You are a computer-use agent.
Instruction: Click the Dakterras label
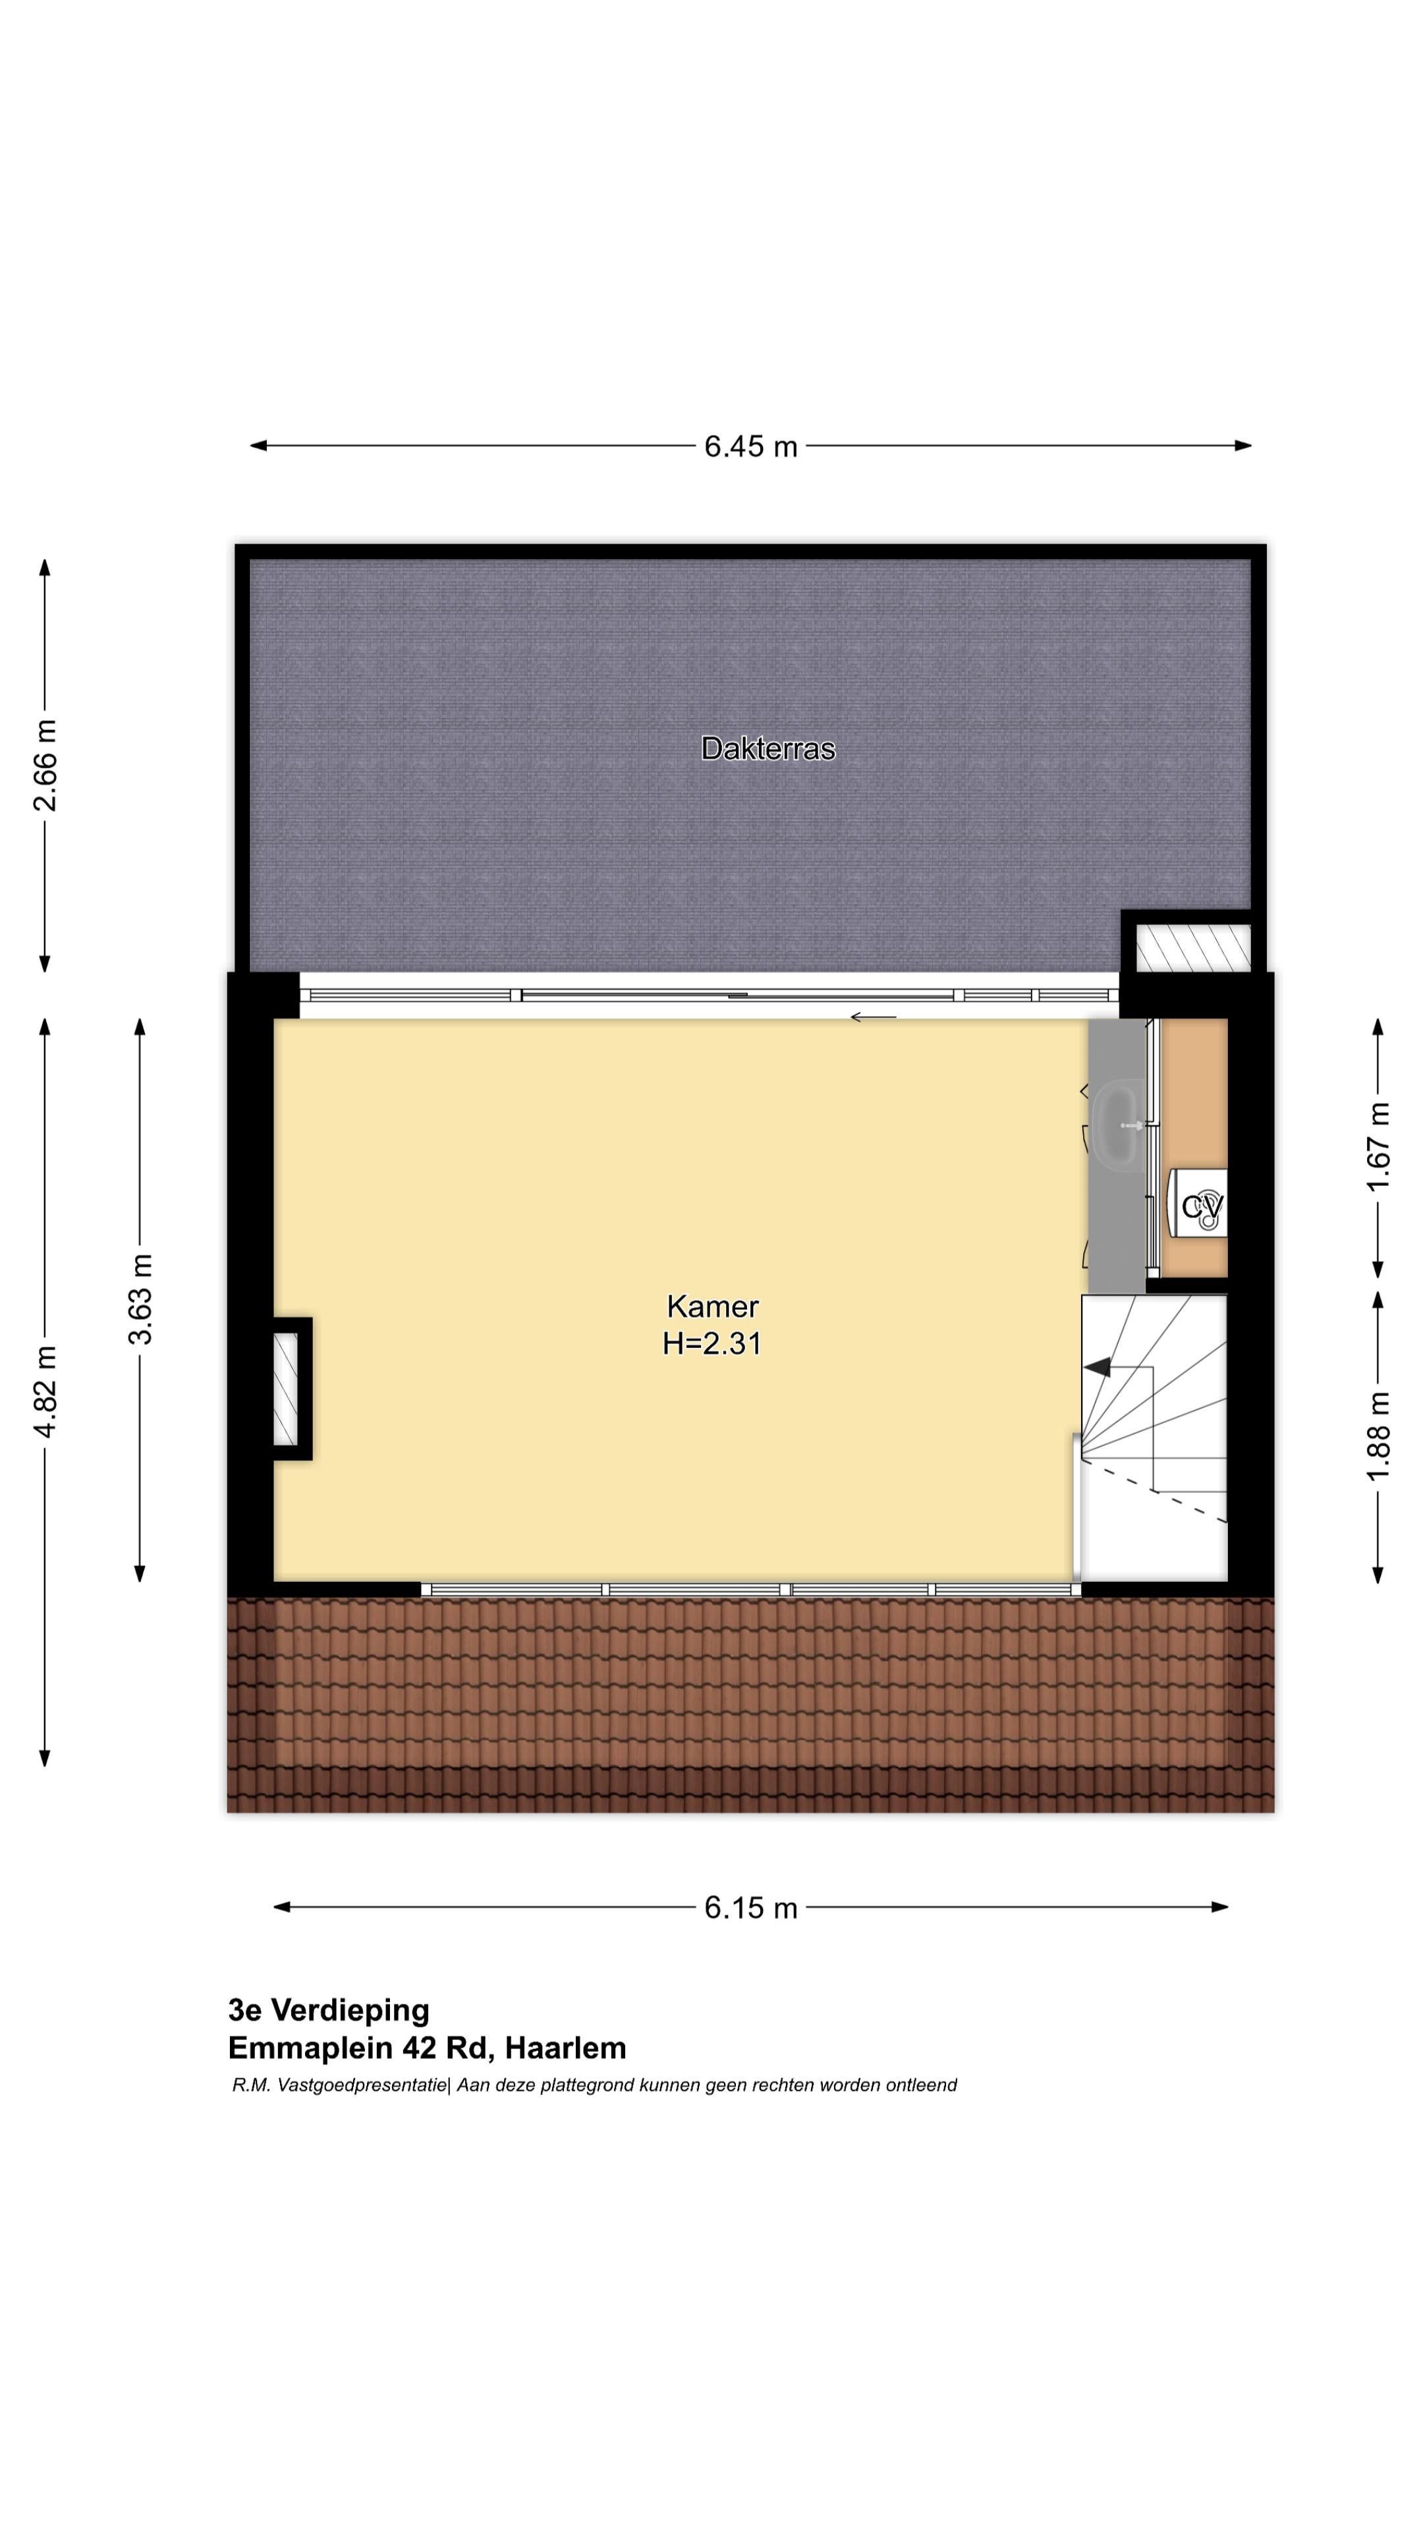(768, 748)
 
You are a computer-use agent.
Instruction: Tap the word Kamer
(712, 1307)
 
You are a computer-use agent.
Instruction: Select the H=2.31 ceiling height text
(712, 1343)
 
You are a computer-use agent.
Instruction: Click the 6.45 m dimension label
(750, 446)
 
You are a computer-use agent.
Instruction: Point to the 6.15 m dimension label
(750, 1907)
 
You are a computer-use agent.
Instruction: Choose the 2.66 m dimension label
(45, 765)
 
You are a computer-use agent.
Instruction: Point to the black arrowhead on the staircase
(1096, 1366)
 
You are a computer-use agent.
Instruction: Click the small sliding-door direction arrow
(873, 1017)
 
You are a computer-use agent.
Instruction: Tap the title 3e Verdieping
(329, 2010)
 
